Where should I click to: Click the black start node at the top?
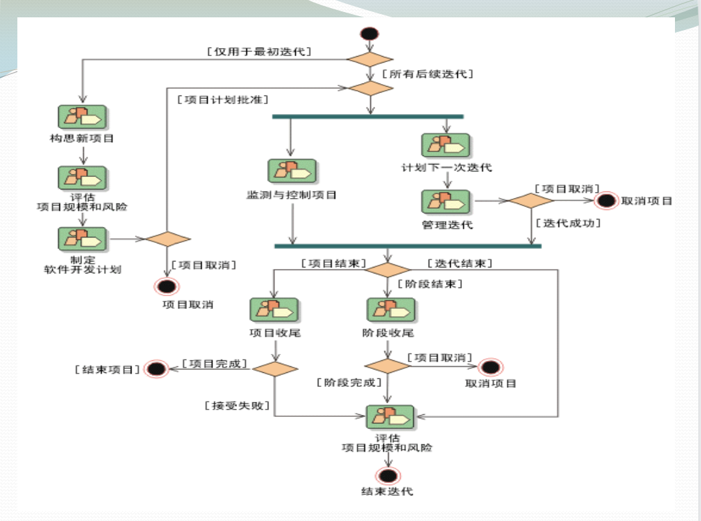tap(369, 34)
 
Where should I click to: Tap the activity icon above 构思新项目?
tap(83, 117)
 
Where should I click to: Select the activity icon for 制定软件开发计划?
tap(83, 238)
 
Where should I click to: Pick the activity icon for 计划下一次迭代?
tap(445, 145)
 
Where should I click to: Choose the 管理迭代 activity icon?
tap(445, 202)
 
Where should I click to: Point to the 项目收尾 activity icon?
tap(274, 310)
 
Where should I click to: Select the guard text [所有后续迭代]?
tap(428, 74)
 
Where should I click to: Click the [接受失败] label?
tap(237, 405)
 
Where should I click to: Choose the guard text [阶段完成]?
tap(349, 382)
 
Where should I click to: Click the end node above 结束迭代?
tap(387, 475)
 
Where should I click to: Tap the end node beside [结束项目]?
tap(156, 368)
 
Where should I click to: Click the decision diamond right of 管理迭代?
tap(532, 200)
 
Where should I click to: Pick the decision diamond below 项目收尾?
tap(275, 368)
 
